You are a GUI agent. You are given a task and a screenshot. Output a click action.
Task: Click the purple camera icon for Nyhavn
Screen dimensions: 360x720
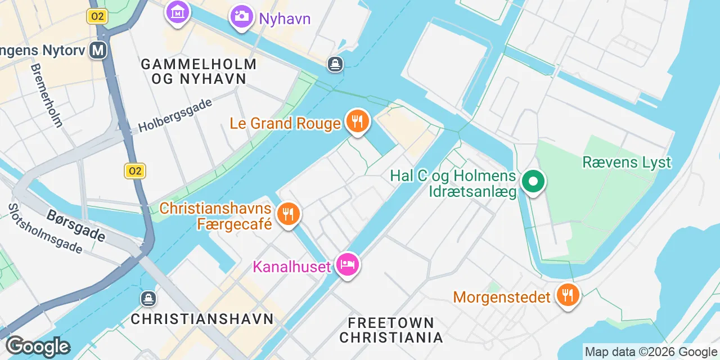tap(241, 16)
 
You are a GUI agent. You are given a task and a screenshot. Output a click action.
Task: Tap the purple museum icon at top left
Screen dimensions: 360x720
tap(178, 11)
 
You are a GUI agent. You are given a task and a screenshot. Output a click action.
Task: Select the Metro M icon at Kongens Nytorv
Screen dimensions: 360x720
tap(98, 51)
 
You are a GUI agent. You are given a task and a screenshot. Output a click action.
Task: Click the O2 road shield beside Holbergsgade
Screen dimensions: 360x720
tap(135, 171)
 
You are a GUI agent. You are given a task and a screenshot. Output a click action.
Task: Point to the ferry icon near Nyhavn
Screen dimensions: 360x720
tap(336, 65)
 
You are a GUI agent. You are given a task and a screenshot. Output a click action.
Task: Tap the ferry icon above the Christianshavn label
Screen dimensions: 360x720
tap(148, 298)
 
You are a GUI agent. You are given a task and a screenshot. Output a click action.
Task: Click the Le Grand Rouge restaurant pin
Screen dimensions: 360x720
tap(357, 120)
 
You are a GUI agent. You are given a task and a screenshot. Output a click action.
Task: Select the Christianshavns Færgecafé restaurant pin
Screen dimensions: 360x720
tap(288, 214)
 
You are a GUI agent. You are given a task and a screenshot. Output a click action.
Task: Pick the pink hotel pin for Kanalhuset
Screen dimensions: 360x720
tap(347, 264)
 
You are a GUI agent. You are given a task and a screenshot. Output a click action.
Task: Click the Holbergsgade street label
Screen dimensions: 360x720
tap(175, 115)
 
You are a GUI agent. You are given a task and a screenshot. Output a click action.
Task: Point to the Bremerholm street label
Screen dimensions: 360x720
tap(47, 94)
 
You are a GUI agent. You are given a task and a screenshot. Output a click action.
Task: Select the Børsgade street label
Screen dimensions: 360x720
tap(75, 225)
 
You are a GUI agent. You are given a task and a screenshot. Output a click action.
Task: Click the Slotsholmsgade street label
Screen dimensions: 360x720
tap(45, 228)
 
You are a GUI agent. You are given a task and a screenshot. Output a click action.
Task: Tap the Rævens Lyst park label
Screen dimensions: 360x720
tap(627, 163)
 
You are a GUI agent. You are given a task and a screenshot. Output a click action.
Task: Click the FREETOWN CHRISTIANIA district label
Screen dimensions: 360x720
tap(391, 330)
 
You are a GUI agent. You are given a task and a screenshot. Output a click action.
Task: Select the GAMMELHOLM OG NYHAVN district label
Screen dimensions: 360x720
tap(199, 71)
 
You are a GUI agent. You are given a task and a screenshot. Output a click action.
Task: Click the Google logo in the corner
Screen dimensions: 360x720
tap(38, 346)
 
